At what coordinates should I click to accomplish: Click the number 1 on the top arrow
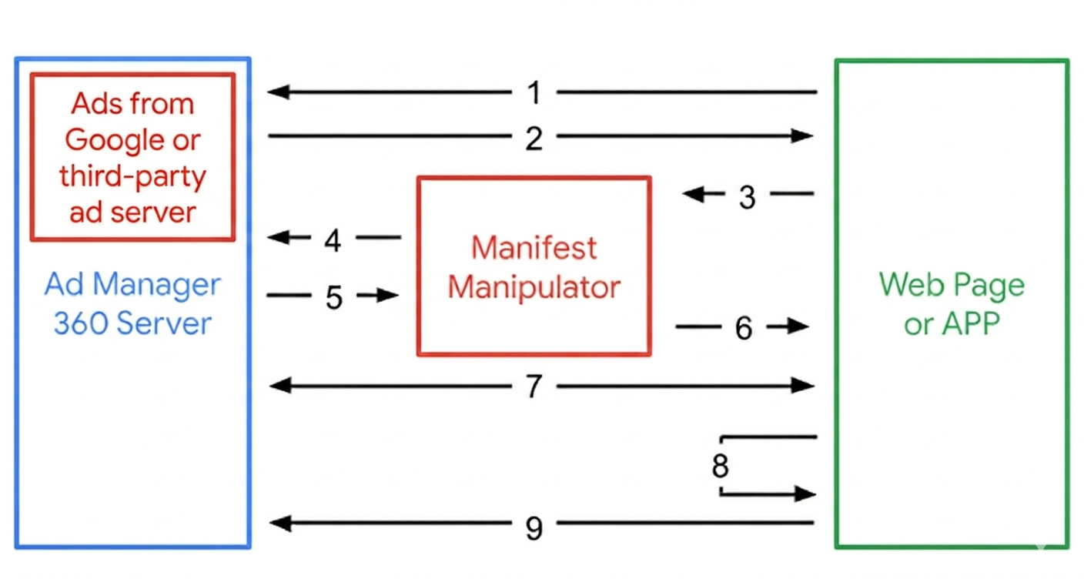534,93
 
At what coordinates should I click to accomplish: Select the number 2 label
534,139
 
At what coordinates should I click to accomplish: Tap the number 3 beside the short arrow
747,197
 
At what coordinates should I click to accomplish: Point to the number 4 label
333,241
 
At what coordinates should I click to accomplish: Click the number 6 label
743,329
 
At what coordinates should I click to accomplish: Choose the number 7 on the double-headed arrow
534,387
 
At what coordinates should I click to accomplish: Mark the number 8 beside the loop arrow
720,466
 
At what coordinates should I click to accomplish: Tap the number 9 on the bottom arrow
534,527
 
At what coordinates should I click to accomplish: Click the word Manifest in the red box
534,248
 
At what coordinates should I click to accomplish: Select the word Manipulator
534,287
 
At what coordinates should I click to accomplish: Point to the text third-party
132,176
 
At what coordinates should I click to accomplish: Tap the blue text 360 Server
132,323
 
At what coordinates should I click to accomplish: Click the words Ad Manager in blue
132,284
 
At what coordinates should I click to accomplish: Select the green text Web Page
952,285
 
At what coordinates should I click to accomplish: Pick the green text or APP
952,323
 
